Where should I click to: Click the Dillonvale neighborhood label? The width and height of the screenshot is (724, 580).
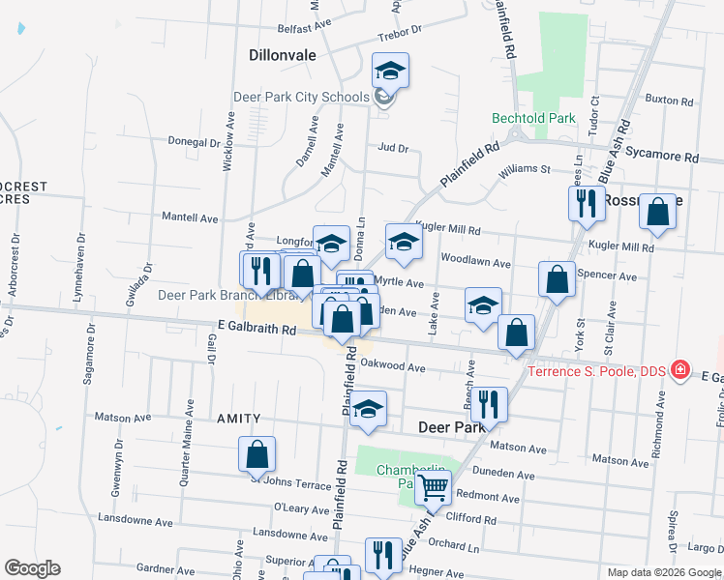(x=283, y=55)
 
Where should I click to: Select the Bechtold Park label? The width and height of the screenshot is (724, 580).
(x=533, y=118)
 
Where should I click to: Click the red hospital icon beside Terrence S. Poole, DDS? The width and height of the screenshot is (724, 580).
(x=679, y=370)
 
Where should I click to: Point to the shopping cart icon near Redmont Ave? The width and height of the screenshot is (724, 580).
(x=433, y=489)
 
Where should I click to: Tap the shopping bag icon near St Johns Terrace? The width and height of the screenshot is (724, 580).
(x=256, y=453)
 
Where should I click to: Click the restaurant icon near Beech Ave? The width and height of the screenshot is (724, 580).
(x=489, y=405)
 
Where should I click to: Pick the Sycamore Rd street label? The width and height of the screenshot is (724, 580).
(x=662, y=155)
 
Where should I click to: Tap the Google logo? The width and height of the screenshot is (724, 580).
(x=32, y=568)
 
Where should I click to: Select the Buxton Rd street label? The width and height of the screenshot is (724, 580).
(x=671, y=100)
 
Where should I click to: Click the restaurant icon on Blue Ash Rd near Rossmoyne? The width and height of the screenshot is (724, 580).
(x=586, y=204)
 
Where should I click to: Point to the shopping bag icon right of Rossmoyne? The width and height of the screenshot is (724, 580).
(x=657, y=212)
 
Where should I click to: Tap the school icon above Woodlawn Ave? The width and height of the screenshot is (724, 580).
(x=404, y=242)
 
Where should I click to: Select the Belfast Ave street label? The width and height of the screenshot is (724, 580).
(x=305, y=30)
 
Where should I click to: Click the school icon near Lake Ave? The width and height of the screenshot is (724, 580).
(x=483, y=305)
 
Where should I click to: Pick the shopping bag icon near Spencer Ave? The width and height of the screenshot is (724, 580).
(x=557, y=279)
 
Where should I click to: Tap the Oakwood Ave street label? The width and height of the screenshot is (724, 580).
(x=393, y=367)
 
